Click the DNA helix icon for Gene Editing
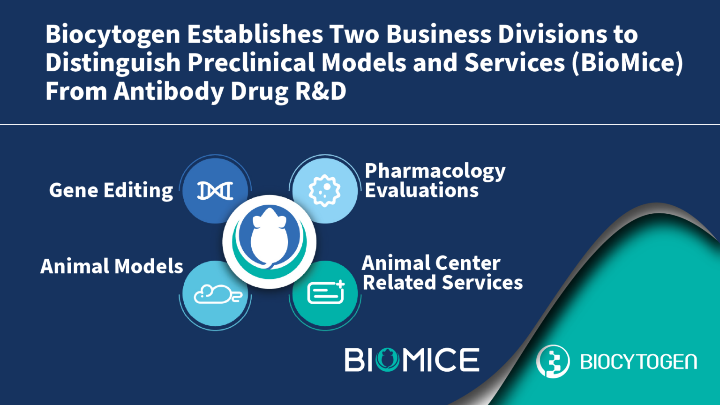click(215, 191)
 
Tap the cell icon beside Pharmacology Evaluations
click(324, 190)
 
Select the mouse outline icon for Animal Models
click(217, 294)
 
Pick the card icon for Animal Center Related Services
click(326, 293)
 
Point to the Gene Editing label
click(111, 191)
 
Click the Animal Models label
click(112, 266)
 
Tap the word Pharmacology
click(435, 172)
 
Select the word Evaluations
click(421, 190)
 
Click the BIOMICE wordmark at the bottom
click(412, 360)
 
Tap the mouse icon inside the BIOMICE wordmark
click(387, 360)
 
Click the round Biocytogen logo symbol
click(553, 361)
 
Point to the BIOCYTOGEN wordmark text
click(638, 362)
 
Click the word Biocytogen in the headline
click(113, 35)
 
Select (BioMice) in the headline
click(627, 63)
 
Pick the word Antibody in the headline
click(169, 91)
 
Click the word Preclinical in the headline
click(251, 63)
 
